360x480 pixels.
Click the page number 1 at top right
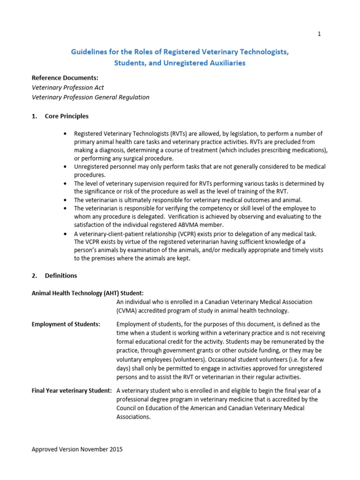(x=319, y=34)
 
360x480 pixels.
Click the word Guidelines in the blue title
(x=89, y=52)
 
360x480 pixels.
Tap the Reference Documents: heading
(x=65, y=78)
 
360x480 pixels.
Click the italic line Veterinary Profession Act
(x=67, y=88)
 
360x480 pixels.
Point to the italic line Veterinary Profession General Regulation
(x=90, y=97)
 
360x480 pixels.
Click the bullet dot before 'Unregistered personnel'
(x=64, y=167)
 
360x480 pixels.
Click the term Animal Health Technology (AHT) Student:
(x=80, y=293)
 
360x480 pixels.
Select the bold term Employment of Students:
(x=66, y=324)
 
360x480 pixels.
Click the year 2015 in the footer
(x=115, y=449)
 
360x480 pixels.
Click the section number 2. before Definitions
(x=35, y=276)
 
